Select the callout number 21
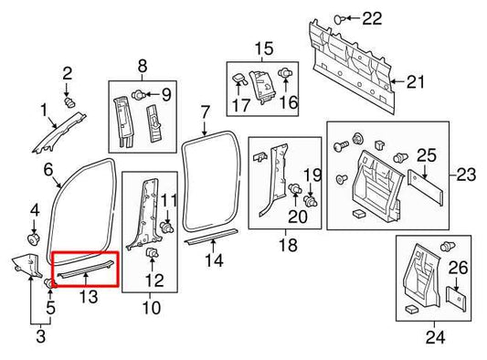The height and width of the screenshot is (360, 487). click(x=416, y=82)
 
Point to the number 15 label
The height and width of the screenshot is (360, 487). click(x=263, y=48)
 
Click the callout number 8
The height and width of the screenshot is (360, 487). click(x=142, y=65)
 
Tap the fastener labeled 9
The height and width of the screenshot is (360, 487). click(x=138, y=93)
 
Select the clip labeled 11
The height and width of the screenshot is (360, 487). click(x=167, y=225)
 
